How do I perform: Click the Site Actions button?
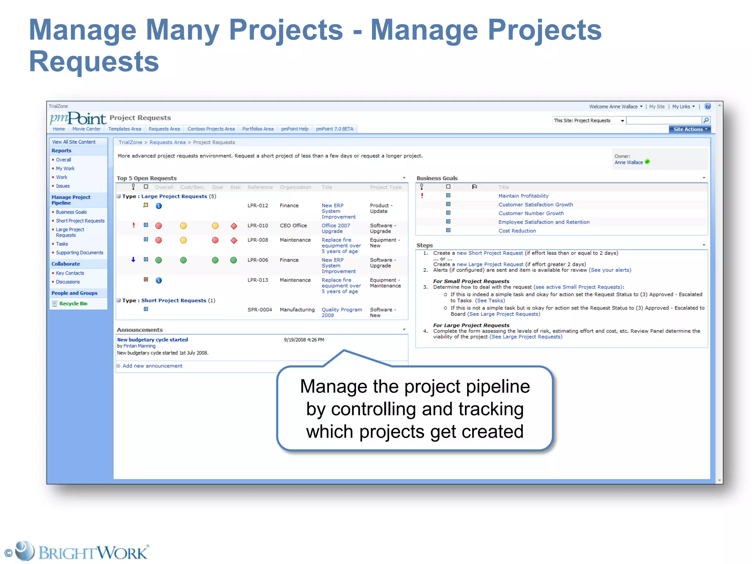[x=690, y=129]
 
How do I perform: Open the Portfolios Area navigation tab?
[x=258, y=129]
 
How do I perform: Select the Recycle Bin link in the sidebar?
[x=73, y=304]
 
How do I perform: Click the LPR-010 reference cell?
[x=257, y=225]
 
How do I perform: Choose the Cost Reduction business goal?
[x=517, y=231]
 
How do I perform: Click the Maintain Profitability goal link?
[x=523, y=196]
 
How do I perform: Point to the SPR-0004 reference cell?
[x=260, y=310]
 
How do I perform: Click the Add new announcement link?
[x=152, y=366]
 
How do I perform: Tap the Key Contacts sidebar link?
[x=70, y=273]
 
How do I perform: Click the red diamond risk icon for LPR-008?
[x=234, y=241]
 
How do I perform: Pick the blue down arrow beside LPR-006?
[x=133, y=260]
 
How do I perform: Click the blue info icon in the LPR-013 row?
[x=159, y=280]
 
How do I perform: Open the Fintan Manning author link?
[x=139, y=346]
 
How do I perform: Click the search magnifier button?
[x=706, y=120]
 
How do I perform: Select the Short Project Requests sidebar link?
[x=80, y=221]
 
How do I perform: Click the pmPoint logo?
[x=78, y=118]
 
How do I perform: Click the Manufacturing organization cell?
[x=297, y=310]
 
